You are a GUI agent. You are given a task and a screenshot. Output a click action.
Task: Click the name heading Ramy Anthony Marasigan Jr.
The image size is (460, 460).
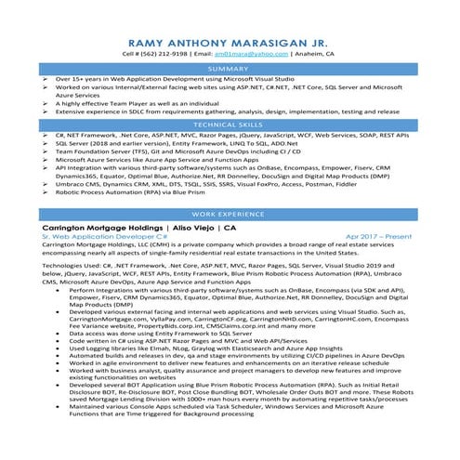click(230, 42)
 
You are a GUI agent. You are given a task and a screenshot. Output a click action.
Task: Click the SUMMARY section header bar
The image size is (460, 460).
click(230, 70)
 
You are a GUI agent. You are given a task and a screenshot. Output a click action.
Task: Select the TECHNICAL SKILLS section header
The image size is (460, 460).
click(230, 124)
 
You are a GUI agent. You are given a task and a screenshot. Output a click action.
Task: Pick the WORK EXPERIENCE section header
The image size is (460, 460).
click(230, 214)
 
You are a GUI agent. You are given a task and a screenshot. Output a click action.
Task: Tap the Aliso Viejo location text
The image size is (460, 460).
click(194, 227)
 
